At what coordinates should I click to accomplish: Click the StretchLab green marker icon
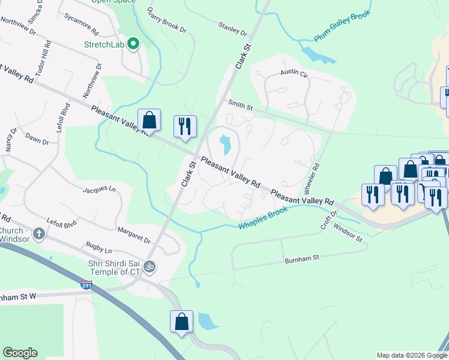coord(134,44)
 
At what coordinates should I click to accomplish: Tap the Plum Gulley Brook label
coord(343,26)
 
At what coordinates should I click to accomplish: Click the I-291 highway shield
coord(86,286)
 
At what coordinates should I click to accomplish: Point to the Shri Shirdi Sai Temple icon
coord(149,266)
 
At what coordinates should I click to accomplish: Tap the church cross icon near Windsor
coord(40,233)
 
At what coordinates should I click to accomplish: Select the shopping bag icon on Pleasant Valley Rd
coord(149,120)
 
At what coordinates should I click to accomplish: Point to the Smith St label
coord(240,105)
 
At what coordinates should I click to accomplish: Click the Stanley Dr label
coord(233,28)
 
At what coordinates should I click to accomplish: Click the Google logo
coord(20,352)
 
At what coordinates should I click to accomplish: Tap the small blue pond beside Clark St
coord(225,144)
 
